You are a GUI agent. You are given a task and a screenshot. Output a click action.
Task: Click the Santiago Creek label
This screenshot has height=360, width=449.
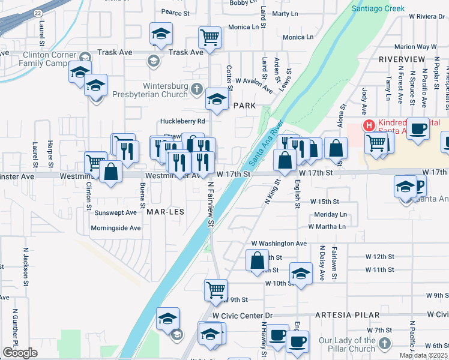[x=379, y=9]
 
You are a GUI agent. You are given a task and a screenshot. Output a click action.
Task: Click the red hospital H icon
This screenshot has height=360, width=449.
[x=369, y=125]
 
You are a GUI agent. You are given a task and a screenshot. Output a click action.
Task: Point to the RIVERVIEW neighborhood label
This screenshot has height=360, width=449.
[x=402, y=60]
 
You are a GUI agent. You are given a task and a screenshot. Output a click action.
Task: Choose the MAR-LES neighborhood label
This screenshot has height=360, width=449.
[x=163, y=212]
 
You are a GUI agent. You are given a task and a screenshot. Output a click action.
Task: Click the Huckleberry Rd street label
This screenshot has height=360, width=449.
[x=182, y=121]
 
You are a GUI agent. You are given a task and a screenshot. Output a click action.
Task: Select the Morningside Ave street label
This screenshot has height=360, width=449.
[x=116, y=228]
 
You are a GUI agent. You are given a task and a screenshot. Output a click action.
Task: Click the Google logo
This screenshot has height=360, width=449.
[x=20, y=353]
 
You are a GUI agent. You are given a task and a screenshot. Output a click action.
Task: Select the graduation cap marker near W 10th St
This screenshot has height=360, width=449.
[x=301, y=273]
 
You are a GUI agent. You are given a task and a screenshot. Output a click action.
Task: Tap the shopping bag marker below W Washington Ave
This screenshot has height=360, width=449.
[x=258, y=260]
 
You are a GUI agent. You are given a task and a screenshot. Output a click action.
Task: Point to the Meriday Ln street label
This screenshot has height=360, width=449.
[x=330, y=214]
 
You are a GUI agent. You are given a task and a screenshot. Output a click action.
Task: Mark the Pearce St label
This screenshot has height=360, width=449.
[x=176, y=11]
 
